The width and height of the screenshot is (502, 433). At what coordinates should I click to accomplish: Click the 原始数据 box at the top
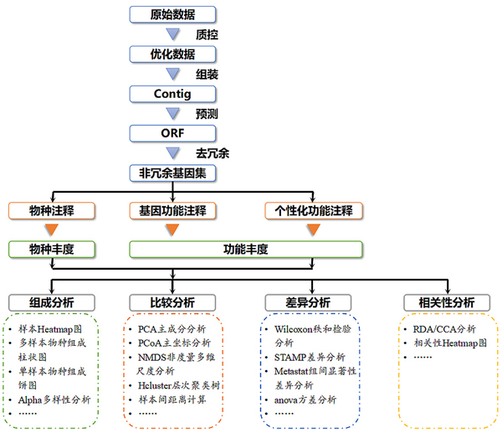[173, 14]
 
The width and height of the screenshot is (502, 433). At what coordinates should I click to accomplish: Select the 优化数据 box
[173, 54]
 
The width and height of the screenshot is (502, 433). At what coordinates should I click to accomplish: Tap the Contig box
[173, 93]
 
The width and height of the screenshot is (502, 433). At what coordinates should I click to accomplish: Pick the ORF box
[173, 132]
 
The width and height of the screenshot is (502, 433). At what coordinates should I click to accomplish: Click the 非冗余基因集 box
[173, 173]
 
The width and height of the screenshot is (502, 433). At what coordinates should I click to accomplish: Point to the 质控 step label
[207, 35]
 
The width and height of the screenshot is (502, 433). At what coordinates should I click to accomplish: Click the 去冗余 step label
[212, 153]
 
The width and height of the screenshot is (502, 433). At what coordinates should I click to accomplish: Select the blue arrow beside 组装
[173, 74]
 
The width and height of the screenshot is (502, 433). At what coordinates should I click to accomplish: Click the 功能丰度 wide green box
[245, 249]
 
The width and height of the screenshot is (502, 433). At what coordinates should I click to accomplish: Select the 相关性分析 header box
[440, 302]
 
